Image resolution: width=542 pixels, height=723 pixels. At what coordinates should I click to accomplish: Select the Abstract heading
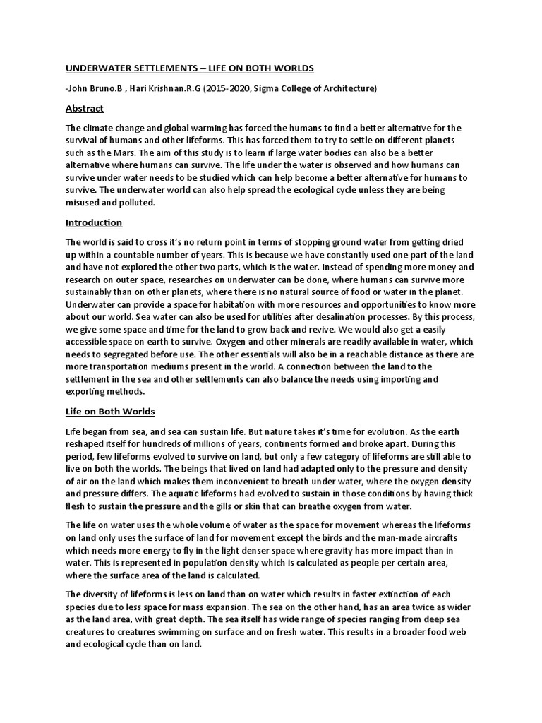pyautogui.click(x=84, y=108)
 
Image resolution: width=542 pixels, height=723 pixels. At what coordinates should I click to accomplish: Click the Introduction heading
pyautogui.click(x=94, y=222)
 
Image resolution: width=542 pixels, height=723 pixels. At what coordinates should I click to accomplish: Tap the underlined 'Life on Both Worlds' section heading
pyautogui.click(x=110, y=411)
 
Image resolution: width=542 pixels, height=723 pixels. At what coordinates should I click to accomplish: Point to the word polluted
pyautogui.click(x=139, y=203)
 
